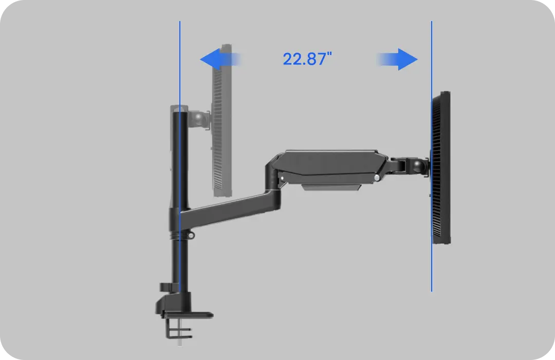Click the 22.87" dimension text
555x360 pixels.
[304, 59]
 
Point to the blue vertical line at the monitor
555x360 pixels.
[431, 267]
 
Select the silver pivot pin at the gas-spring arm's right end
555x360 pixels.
[377, 177]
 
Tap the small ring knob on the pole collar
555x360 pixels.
[191, 236]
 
